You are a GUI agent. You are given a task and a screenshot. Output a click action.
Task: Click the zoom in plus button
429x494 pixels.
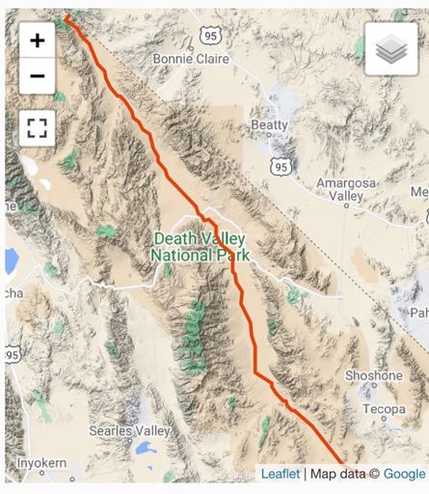point(37,41)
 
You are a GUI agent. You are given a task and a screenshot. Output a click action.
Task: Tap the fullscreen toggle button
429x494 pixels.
point(37,127)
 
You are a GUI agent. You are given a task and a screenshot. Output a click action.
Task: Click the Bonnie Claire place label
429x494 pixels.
point(190,59)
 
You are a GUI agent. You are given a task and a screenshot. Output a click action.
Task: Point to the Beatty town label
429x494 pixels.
point(269,125)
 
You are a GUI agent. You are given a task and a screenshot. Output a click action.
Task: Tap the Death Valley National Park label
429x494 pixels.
point(200,247)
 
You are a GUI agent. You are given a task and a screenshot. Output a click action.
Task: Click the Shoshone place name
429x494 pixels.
point(373,375)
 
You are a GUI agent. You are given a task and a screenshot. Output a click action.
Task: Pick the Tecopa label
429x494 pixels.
point(386,409)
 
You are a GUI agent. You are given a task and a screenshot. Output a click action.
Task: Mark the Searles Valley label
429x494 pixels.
point(129,429)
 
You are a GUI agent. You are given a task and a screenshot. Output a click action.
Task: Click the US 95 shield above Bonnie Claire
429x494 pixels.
point(211,35)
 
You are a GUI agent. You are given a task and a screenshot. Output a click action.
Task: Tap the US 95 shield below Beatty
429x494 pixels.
point(281,167)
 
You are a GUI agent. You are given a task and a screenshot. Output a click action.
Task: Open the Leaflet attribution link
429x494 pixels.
point(280,474)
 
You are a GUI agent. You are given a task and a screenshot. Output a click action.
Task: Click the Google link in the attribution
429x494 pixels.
point(404,474)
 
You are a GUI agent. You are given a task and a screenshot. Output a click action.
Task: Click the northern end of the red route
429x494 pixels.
point(67,16)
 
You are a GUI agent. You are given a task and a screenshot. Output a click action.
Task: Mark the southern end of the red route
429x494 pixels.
point(341,465)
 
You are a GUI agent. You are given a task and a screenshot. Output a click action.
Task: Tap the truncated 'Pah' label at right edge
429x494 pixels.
point(419,314)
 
